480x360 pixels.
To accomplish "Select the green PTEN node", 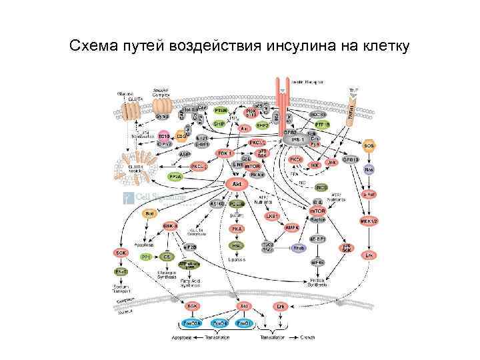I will point(220,110).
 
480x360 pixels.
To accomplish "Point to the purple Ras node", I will point(369,169).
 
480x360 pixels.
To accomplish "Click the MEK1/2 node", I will point(368,221).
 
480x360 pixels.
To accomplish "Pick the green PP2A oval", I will point(176,177).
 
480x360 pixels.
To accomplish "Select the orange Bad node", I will point(151,213).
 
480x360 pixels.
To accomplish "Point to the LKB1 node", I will point(271,216).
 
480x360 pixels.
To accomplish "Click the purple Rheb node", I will point(298,248).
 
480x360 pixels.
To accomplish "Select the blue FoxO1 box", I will point(245,323).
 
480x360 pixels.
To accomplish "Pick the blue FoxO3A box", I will point(192,323).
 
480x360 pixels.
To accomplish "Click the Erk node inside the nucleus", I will point(281,307).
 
